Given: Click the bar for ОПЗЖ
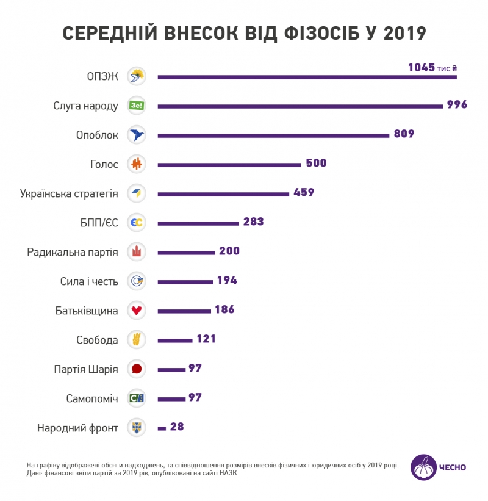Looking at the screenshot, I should tap(307, 77).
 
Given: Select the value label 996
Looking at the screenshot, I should tap(457, 104).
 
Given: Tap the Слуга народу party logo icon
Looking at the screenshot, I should tap(136, 106).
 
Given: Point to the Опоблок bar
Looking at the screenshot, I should tap(273, 135).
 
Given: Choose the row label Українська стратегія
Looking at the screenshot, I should tap(69, 193).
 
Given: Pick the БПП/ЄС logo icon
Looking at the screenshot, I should tap(136, 223).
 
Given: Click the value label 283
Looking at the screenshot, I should tap(253, 222).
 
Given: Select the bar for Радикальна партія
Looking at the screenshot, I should tap(187, 253).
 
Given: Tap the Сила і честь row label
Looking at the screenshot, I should tap(89, 281).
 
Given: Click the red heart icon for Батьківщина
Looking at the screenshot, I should tap(136, 311).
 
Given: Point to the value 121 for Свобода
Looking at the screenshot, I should tap(206, 339).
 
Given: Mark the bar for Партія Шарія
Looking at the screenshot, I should tap(171, 370).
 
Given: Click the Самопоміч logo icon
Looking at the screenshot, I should tap(136, 398).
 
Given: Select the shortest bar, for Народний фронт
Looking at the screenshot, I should tap(162, 428).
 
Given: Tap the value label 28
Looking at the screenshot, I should tap(177, 427).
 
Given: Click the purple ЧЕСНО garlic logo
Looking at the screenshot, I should tap(423, 467).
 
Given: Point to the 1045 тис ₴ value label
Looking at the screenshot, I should tap(432, 68).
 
